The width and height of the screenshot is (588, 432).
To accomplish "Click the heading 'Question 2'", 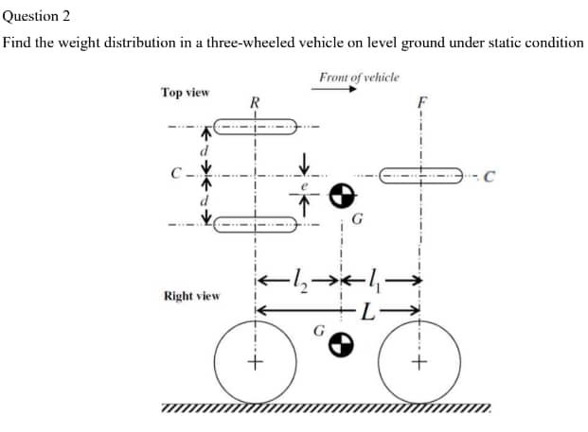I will click(x=36, y=16).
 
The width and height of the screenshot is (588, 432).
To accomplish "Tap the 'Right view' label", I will click(x=192, y=296).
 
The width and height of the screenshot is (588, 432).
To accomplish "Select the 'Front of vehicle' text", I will click(x=359, y=77).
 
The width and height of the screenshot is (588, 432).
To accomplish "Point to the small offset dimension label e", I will click(x=305, y=185).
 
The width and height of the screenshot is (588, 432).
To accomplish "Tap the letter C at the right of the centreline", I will click(x=487, y=174).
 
